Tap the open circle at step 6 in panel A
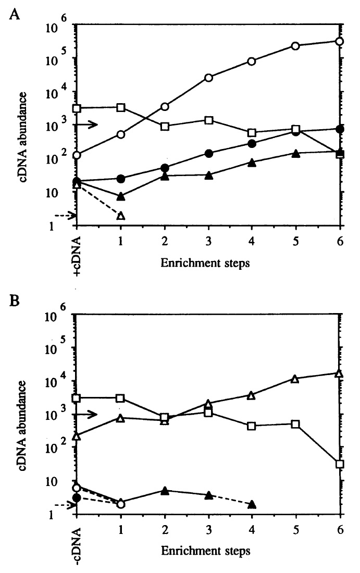point(340,41)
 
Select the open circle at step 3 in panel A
point(208,78)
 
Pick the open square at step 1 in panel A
point(121,107)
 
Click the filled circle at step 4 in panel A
point(252,143)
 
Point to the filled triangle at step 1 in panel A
point(121,196)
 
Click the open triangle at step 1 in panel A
point(121,216)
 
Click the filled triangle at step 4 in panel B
point(252,504)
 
